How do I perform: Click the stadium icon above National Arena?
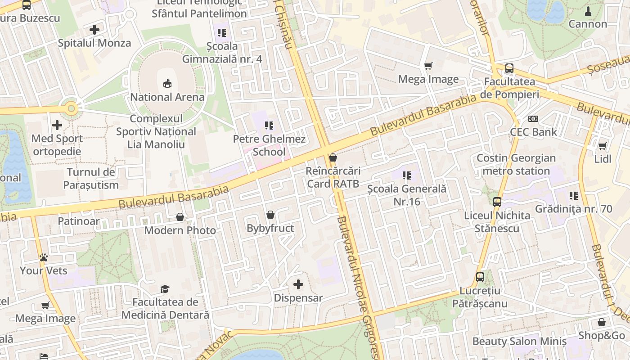coord(167,83)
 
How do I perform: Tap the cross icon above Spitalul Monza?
coord(94,30)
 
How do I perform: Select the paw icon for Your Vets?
coord(44,257)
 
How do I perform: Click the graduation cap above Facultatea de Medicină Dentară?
coord(165,289)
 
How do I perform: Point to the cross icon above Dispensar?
coord(298,284)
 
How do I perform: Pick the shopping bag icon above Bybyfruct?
coord(270,215)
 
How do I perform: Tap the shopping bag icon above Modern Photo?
coord(180,217)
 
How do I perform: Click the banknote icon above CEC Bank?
coord(533,119)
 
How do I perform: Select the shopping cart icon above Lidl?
coord(603,146)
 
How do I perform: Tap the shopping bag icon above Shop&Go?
coord(602,322)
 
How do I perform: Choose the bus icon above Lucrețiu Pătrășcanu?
coord(480,277)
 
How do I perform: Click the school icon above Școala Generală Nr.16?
coord(407,175)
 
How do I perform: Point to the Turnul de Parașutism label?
coord(91,178)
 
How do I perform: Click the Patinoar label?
coord(78,221)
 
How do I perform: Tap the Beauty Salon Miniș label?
coord(519,341)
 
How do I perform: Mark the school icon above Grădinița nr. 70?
coord(574,196)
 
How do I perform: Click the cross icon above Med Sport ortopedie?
coord(57,125)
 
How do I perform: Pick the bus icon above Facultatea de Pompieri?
coord(509,68)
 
